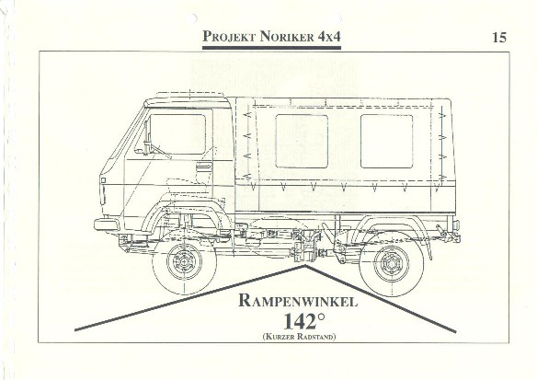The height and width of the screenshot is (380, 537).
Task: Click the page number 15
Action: tap(499, 38)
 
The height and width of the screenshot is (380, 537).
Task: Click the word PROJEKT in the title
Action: tap(229, 36)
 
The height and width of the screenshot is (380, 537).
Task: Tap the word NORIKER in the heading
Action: tap(287, 36)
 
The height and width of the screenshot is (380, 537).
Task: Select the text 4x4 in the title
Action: tap(329, 36)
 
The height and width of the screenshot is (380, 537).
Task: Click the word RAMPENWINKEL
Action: tap(298, 301)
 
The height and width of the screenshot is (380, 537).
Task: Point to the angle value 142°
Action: tap(303, 321)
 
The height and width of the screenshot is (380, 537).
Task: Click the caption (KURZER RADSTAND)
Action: tap(299, 336)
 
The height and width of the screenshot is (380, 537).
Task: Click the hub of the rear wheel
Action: tap(391, 263)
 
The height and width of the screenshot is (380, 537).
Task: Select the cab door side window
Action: tap(177, 134)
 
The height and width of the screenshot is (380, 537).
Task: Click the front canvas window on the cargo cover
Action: tap(302, 141)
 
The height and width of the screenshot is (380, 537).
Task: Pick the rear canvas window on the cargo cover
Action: tap(386, 141)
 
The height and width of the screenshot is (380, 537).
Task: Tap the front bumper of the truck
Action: tap(107, 225)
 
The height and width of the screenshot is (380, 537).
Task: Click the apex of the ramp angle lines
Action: tap(304, 265)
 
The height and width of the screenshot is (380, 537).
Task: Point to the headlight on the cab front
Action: tap(103, 180)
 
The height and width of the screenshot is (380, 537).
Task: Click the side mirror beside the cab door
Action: tap(146, 137)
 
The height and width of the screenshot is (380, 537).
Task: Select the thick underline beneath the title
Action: tap(271, 48)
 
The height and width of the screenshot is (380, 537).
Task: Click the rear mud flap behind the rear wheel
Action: tap(428, 246)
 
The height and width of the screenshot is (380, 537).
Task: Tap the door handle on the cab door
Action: tap(203, 167)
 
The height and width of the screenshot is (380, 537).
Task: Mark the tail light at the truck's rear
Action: tap(456, 225)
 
